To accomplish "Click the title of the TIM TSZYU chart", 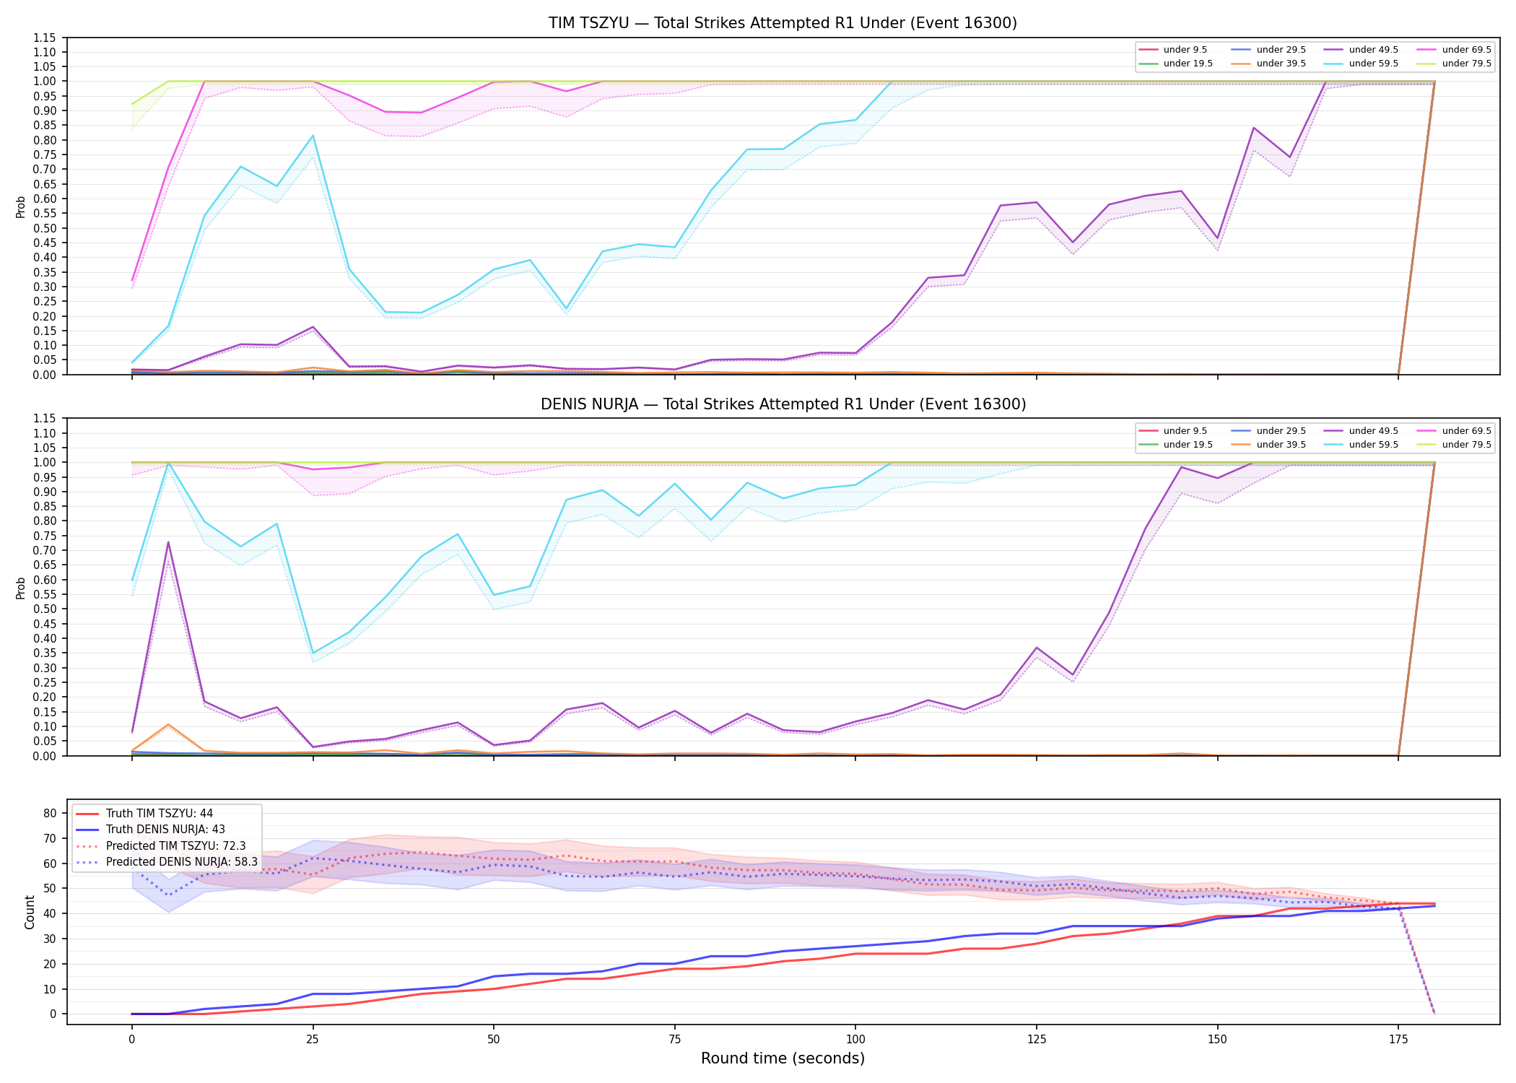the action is click(x=783, y=23).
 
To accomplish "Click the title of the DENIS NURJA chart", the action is click(x=783, y=404).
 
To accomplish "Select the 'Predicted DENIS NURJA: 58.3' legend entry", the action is click(x=166, y=862).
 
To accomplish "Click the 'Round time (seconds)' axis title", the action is click(x=783, y=1058).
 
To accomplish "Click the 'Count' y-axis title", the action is click(x=30, y=912).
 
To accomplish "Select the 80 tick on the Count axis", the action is click(x=50, y=813).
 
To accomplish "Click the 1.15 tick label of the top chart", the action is click(x=45, y=38).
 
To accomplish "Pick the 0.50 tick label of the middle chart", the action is click(x=45, y=609).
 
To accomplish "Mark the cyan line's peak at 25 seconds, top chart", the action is click(x=313, y=136).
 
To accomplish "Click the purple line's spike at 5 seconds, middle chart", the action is click(x=168, y=542).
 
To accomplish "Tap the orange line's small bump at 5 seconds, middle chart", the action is click(x=168, y=724).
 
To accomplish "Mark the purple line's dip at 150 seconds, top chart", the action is click(x=1217, y=238).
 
